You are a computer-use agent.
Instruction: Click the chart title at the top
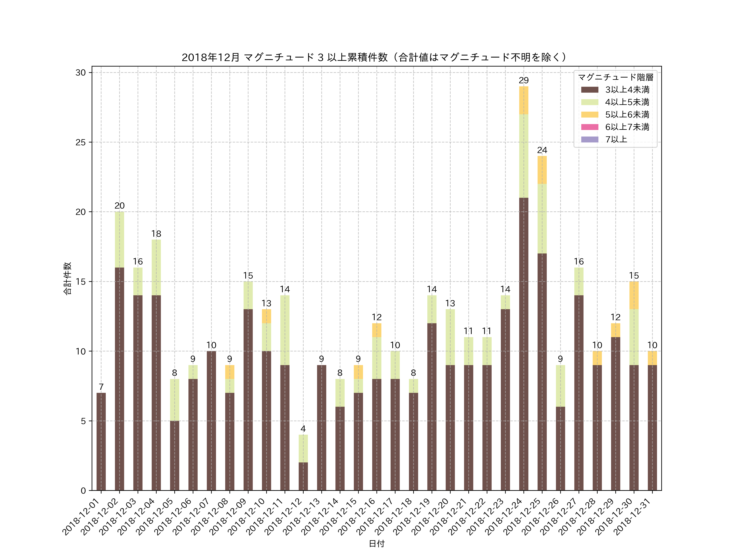point(374,58)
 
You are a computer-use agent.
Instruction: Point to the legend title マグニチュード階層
point(615,77)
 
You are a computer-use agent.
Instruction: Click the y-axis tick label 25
point(80,142)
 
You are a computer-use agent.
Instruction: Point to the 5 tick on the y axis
point(83,421)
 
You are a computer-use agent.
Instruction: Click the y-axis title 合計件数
point(67,278)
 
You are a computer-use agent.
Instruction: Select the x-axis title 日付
point(376,543)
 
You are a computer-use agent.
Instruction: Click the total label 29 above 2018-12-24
point(524,80)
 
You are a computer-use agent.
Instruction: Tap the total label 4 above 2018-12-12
point(303,429)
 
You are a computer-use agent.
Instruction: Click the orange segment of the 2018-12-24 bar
point(524,100)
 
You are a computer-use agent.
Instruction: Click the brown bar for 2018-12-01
point(101,442)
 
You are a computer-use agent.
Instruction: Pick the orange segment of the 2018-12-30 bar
point(634,295)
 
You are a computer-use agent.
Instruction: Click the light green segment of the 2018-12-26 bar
point(560,386)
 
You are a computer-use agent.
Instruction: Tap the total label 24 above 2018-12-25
point(542,150)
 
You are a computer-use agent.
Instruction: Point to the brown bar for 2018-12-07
point(211,421)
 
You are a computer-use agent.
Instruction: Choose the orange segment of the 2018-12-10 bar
point(266,316)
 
